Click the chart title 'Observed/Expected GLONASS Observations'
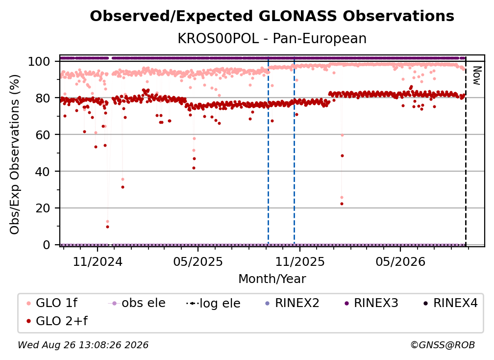pos(272,16)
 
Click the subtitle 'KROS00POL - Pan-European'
pos(272,38)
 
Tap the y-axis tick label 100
pos(39,61)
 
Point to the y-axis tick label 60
pos(43,134)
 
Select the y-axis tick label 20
pos(43,208)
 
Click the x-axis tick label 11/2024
pos(98,261)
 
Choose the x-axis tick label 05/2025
pos(198,261)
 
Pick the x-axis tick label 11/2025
pos(300,261)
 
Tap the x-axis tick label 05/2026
pos(400,261)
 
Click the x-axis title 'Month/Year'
pos(272,279)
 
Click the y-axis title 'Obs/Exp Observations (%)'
pos(15,154)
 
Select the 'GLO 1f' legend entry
pos(52,303)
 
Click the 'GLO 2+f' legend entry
pos(57,321)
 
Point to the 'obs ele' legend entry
pos(136,303)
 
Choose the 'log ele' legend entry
pos(213,303)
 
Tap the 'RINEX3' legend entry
pos(371,303)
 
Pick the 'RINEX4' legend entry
pos(450,303)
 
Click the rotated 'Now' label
pos(477,76)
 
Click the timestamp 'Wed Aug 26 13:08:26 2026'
pos(83,345)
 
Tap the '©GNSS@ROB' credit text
pos(443,345)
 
